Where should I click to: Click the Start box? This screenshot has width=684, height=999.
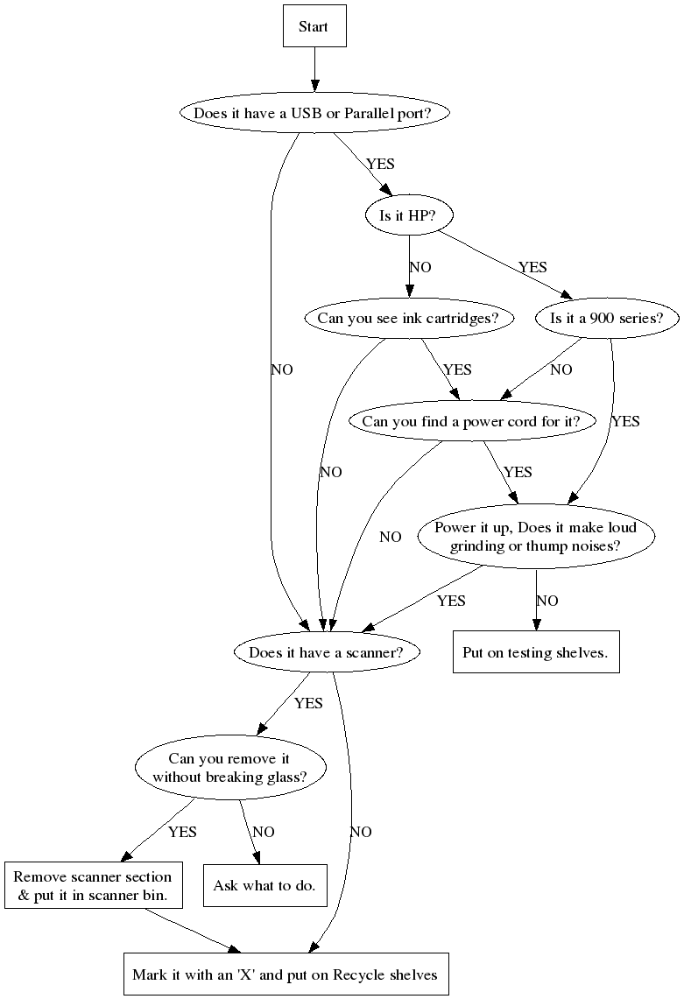[x=314, y=26]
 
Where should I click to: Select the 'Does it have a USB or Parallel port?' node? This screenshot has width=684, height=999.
[x=314, y=113]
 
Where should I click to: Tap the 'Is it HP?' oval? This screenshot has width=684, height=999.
[x=408, y=215]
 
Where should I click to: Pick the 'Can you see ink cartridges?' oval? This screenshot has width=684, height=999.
[x=408, y=318]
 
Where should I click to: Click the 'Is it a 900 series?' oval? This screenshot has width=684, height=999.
[x=607, y=318]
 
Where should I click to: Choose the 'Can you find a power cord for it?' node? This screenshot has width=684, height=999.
[x=471, y=421]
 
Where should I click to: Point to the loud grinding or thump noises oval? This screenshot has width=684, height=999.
[x=536, y=538]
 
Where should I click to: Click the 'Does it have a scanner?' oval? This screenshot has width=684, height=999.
[x=327, y=652]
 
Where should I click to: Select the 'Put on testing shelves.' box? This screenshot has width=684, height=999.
[x=535, y=652]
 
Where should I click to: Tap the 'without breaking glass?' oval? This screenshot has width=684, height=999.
[x=229, y=768]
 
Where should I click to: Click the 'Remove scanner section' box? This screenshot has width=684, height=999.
[x=93, y=885]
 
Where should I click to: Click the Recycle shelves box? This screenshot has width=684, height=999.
[x=286, y=974]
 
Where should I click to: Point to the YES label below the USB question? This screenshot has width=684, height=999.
[x=380, y=164]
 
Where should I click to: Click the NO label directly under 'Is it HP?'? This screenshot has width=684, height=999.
[x=420, y=267]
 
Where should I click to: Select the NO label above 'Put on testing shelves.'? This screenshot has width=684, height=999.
[x=547, y=601]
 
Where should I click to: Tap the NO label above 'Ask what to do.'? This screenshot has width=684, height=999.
[x=264, y=832]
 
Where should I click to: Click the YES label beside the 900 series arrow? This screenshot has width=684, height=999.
[x=625, y=421]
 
